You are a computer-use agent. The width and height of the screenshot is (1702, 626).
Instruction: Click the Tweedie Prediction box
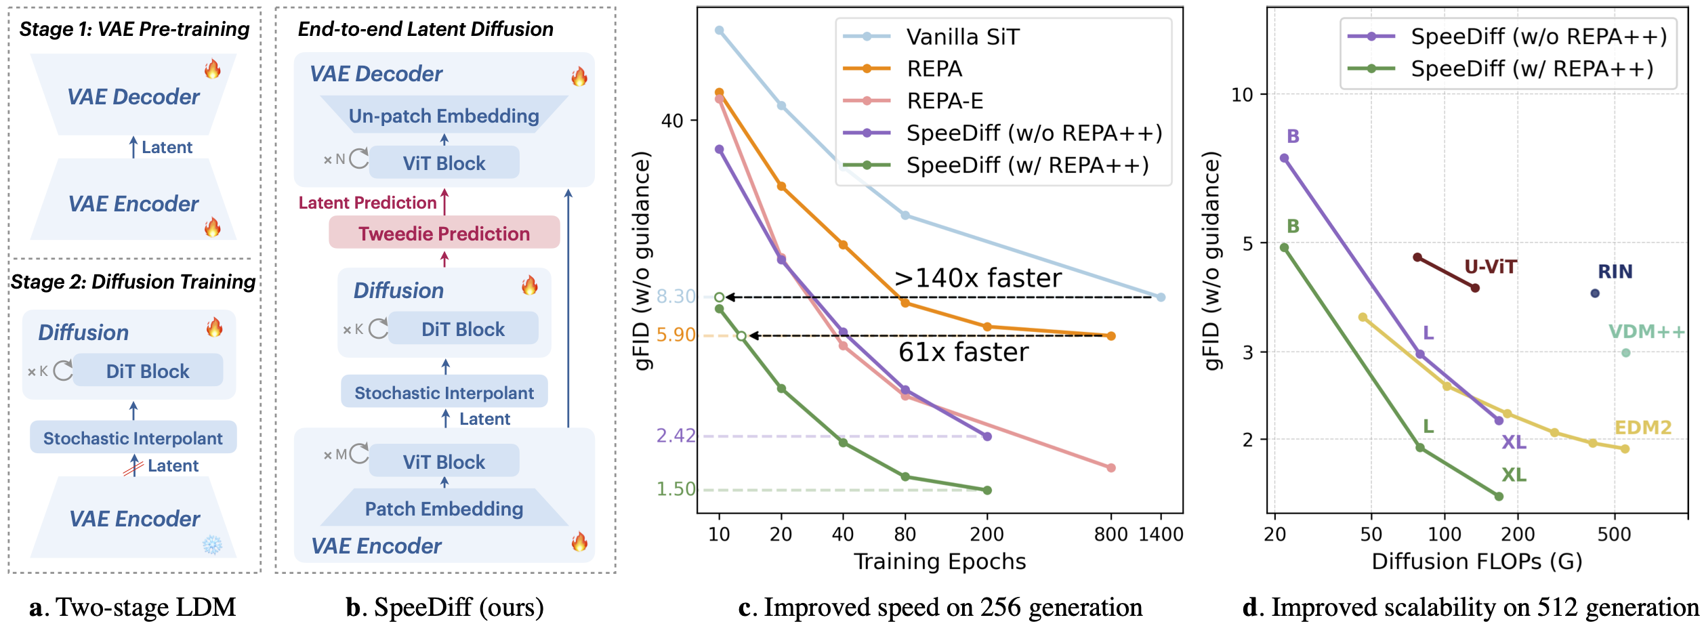pyautogui.click(x=444, y=233)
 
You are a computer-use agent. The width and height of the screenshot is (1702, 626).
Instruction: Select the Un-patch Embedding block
pyautogui.click(x=444, y=116)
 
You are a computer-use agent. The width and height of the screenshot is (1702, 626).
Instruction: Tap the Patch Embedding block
pyautogui.click(x=444, y=508)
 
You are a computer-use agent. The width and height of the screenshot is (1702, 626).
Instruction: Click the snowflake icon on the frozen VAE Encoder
pyautogui.click(x=212, y=545)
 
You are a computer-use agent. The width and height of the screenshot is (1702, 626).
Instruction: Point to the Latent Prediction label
pyautogui.click(x=367, y=203)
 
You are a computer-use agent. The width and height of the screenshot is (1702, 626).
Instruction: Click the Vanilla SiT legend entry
pyautogui.click(x=962, y=37)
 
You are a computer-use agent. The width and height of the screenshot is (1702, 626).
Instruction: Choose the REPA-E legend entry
pyautogui.click(x=945, y=101)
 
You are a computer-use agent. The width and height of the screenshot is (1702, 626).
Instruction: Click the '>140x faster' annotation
pyautogui.click(x=978, y=278)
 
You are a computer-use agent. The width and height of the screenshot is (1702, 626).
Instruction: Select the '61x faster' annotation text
pyautogui.click(x=963, y=352)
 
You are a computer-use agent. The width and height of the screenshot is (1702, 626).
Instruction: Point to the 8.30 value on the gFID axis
pyautogui.click(x=676, y=297)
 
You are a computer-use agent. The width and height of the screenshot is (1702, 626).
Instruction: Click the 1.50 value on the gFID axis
pyautogui.click(x=676, y=488)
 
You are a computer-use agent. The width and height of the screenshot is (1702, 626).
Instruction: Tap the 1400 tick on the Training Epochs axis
pyautogui.click(x=1161, y=535)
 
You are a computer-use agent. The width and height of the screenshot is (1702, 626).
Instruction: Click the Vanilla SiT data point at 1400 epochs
pyautogui.click(x=1161, y=297)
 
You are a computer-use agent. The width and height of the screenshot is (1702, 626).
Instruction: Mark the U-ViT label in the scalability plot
pyautogui.click(x=1491, y=267)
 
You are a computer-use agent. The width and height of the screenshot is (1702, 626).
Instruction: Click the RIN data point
pyautogui.click(x=1595, y=293)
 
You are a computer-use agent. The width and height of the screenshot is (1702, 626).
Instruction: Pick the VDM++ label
pyautogui.click(x=1646, y=331)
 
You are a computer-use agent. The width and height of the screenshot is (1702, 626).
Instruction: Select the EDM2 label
pyautogui.click(x=1643, y=427)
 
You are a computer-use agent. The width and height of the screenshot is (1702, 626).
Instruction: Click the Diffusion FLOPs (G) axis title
pyautogui.click(x=1476, y=562)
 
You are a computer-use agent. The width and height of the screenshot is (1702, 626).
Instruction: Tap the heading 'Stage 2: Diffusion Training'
pyautogui.click(x=133, y=282)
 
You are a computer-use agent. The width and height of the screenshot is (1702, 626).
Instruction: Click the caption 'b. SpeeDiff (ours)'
pyautogui.click(x=444, y=607)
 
